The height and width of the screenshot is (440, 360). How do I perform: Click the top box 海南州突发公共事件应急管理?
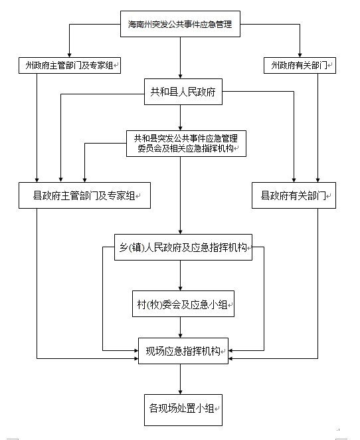click(x=180, y=24)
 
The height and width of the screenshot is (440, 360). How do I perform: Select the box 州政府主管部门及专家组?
click(x=70, y=65)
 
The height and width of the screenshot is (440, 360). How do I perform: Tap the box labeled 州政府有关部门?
click(x=300, y=65)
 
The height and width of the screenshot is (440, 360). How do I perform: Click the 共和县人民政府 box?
click(x=183, y=92)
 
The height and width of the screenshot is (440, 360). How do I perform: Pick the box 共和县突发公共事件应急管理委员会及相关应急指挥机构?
click(x=186, y=144)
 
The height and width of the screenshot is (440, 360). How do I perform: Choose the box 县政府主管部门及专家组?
click(x=84, y=195)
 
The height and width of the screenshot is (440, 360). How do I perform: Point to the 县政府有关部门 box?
click(x=294, y=195)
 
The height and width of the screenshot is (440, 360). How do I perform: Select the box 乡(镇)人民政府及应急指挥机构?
click(x=183, y=247)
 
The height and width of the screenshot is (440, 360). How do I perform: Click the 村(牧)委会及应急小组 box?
click(x=183, y=304)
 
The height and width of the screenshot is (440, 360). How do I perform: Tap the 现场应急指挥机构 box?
click(x=183, y=351)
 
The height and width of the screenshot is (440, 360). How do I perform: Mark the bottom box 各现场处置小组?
click(x=183, y=410)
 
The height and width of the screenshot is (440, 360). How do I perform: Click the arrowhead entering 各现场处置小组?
click(x=180, y=391)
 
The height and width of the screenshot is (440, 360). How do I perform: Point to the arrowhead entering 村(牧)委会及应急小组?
click(x=180, y=288)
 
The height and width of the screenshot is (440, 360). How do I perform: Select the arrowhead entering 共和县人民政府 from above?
click(x=180, y=76)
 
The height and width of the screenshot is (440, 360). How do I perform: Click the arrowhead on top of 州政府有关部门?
click(x=300, y=55)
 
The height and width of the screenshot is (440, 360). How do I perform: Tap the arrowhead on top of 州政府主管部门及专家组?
click(x=70, y=55)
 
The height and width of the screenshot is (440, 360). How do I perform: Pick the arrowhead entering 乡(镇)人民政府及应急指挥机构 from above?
click(x=180, y=232)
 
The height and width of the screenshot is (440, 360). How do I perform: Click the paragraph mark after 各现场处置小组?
click(x=217, y=409)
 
